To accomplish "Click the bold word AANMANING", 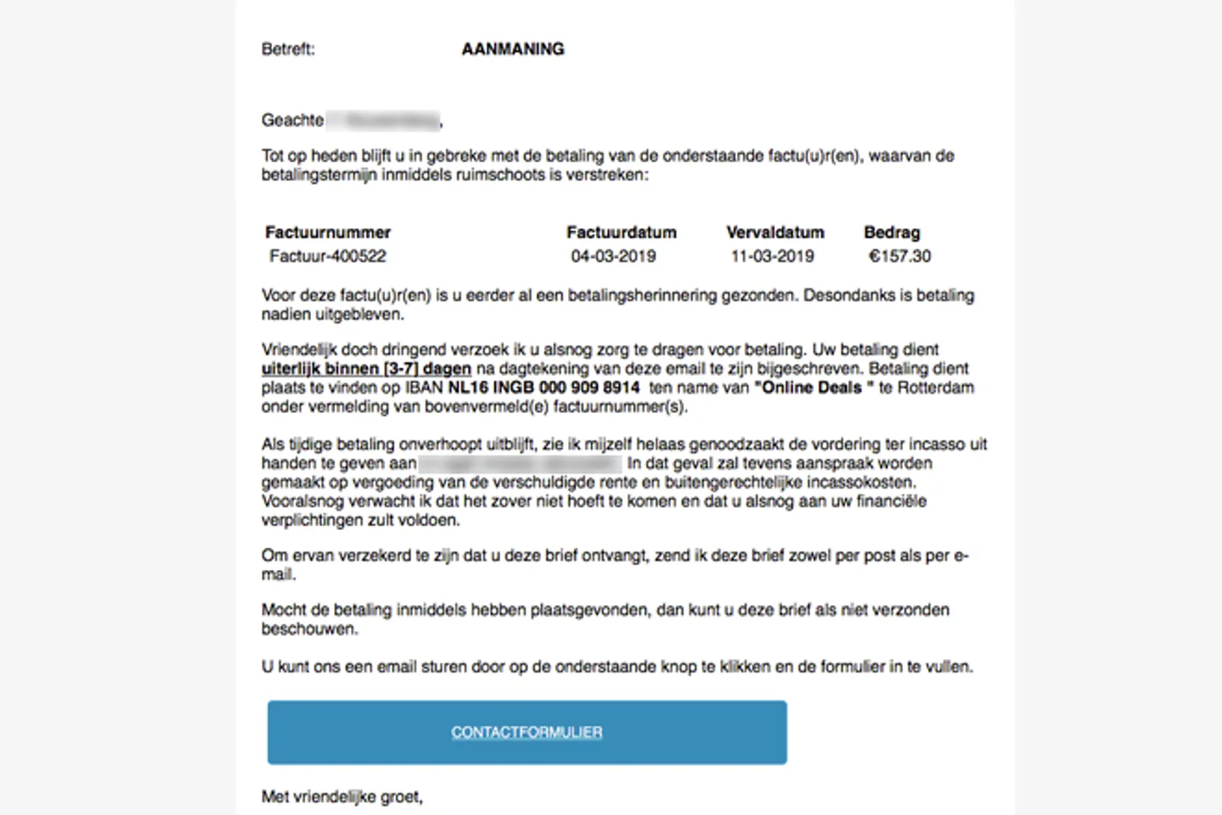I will [x=512, y=49].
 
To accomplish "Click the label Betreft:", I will [x=288, y=49].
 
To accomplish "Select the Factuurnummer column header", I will [x=328, y=232].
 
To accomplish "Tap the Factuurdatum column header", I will [x=621, y=232].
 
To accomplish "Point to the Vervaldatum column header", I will [x=775, y=232].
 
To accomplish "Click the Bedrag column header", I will [x=892, y=232].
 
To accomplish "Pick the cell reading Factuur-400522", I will [x=328, y=256].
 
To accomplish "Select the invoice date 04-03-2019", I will [x=613, y=256].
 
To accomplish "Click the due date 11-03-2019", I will [x=773, y=256].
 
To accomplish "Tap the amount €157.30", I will [x=900, y=256].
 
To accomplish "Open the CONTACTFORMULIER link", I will [x=527, y=732].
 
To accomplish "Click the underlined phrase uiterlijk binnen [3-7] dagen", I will [x=366, y=369].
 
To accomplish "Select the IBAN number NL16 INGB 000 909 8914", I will [x=544, y=388].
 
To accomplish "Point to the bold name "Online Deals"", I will [x=813, y=388].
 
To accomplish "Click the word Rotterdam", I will [x=936, y=388].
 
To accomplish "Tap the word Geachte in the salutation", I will [x=293, y=120].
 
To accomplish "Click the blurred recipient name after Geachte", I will [x=383, y=120].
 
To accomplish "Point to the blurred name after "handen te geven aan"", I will [x=520, y=463].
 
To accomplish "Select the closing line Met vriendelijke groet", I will [x=342, y=797].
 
